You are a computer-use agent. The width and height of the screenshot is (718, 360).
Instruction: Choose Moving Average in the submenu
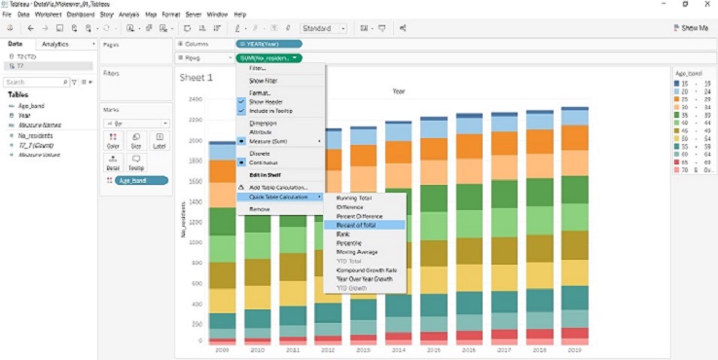[x=357, y=251]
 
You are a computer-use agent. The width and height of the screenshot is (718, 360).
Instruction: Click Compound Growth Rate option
[x=365, y=270]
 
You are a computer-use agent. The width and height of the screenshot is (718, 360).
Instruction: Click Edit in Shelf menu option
[x=264, y=174]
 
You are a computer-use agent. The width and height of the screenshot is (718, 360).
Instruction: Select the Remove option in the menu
[x=260, y=208]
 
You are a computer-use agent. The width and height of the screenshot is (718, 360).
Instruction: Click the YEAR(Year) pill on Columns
[x=268, y=44]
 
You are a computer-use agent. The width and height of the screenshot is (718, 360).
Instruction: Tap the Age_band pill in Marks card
[x=141, y=180]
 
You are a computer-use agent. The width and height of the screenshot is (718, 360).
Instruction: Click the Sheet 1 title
[x=197, y=77]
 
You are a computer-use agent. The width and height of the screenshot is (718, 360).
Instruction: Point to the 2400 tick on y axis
[x=196, y=99]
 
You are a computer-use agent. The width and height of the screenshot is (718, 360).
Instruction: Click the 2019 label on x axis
[x=575, y=349]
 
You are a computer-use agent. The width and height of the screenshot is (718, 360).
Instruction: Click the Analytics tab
[x=55, y=44]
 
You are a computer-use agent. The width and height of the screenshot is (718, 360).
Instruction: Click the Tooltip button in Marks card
[x=136, y=162]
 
